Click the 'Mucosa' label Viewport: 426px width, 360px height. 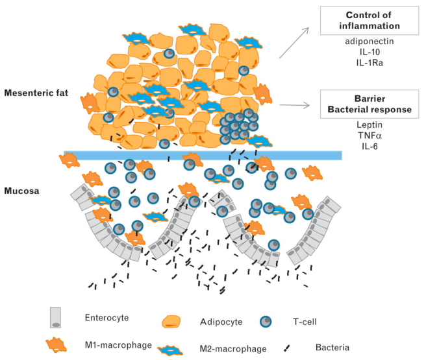click(x=22, y=192)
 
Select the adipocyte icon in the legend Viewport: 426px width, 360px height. click(x=171, y=322)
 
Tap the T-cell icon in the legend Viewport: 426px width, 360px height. click(x=264, y=322)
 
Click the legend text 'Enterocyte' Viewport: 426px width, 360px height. click(x=106, y=318)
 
